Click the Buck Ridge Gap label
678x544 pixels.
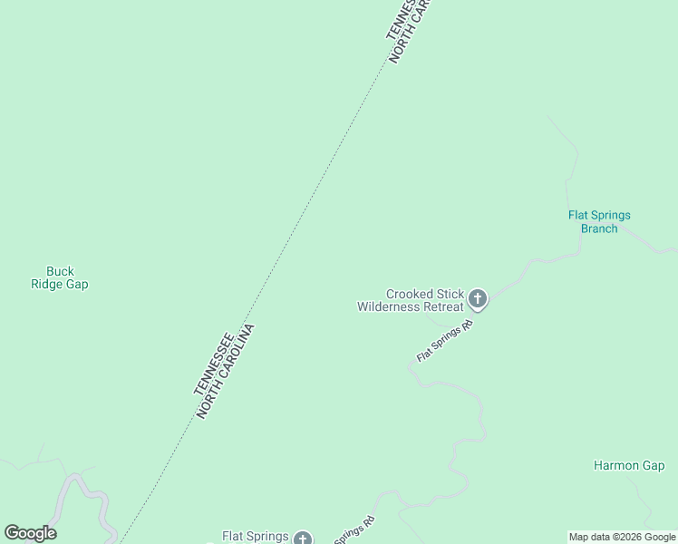tap(60, 277)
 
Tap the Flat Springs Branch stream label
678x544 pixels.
tap(599, 222)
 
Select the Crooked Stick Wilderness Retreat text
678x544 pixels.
tap(412, 300)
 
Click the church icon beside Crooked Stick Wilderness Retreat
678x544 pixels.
tap(478, 298)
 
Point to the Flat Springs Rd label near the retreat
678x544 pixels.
tap(445, 341)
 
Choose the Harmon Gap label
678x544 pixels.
tap(629, 465)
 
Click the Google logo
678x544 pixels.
tap(30, 533)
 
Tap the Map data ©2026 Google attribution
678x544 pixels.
tap(622, 537)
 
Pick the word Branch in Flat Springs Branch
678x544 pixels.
tap(599, 228)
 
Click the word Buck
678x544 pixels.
tap(60, 271)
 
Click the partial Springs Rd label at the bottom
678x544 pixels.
tap(355, 530)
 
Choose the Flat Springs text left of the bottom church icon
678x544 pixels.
tap(256, 537)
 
